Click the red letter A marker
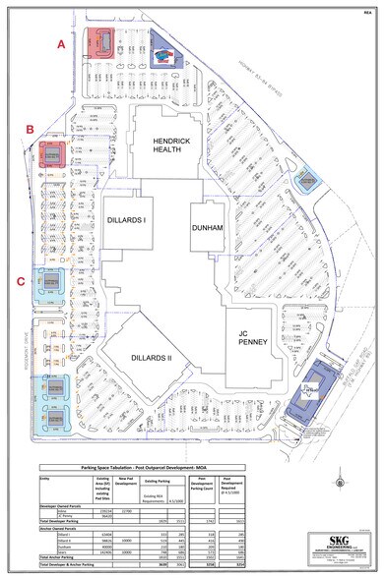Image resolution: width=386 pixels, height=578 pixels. point(61,44)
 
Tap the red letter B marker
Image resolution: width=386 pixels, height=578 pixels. point(32,130)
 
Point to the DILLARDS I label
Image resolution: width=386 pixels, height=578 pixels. point(127,220)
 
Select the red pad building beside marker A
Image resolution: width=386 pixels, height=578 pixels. point(99,41)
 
